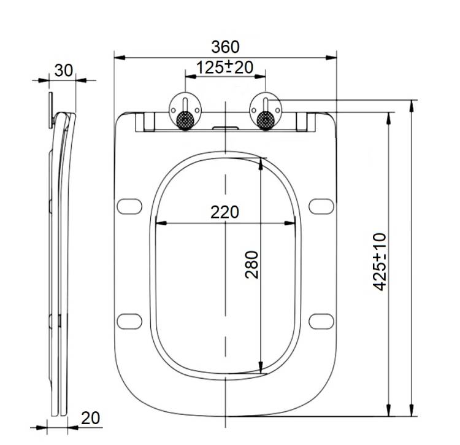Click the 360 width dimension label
coord(225,47)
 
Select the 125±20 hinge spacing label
coord(224,68)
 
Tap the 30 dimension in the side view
coord(63,71)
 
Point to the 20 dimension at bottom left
coord(90,418)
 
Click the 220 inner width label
coord(224,212)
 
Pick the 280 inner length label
coord(251,265)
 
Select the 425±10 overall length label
coord(380,261)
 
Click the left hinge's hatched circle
coord(185,120)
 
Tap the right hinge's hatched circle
coord(266,120)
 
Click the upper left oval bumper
coord(129,206)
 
